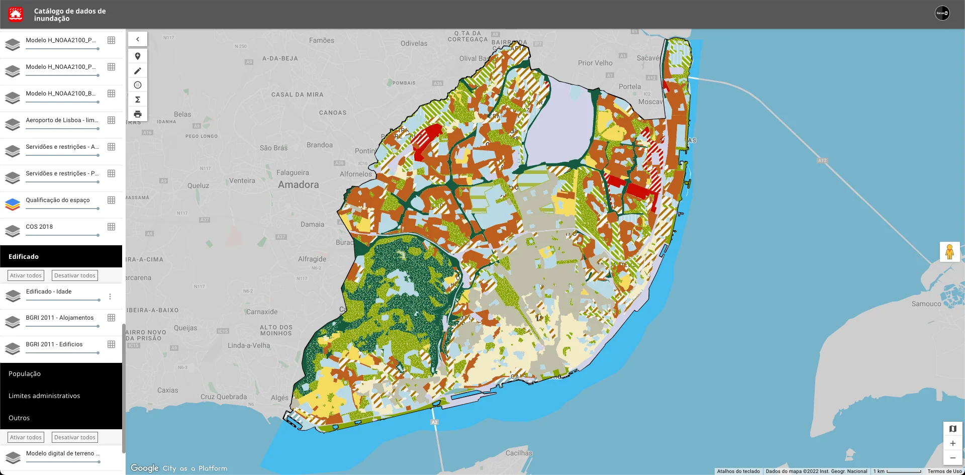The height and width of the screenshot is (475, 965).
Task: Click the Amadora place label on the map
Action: click(x=299, y=185)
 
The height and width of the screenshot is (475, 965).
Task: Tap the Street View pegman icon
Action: click(x=949, y=252)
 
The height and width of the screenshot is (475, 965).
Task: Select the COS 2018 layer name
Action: click(x=39, y=227)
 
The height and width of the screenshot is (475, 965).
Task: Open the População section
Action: click(x=25, y=374)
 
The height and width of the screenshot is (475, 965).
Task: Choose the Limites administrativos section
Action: click(x=44, y=396)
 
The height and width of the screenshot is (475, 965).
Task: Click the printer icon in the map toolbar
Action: click(x=138, y=114)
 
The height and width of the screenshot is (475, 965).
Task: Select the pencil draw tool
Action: click(x=138, y=71)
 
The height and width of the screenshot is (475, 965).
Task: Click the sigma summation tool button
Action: click(x=138, y=100)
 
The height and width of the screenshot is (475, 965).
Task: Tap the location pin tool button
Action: click(x=138, y=56)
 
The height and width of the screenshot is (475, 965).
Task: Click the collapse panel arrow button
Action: click(x=138, y=39)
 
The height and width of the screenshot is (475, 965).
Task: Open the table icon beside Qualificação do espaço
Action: click(x=112, y=200)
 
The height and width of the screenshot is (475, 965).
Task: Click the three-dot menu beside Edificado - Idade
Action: click(x=110, y=297)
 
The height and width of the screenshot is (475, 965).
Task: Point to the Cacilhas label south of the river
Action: click(x=519, y=453)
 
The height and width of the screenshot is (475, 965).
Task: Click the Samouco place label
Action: click(x=926, y=304)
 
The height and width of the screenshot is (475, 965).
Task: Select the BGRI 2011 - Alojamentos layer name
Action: click(x=59, y=318)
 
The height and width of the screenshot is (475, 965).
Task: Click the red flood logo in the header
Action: click(x=16, y=14)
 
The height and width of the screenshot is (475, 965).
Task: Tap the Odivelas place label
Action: click(x=414, y=44)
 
